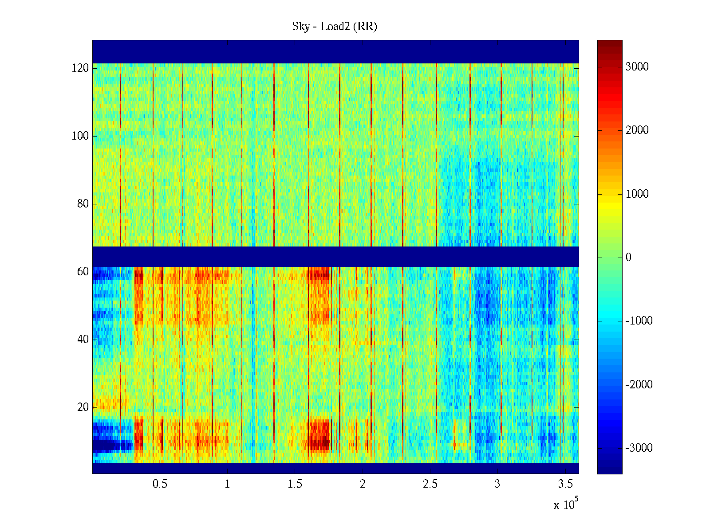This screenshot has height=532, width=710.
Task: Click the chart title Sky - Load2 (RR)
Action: [x=335, y=27]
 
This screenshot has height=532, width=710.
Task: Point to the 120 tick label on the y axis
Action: [x=80, y=68]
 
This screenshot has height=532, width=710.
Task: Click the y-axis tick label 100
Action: [x=80, y=136]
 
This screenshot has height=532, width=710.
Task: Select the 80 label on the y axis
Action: [x=83, y=204]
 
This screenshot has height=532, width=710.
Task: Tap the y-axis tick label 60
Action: [x=83, y=272]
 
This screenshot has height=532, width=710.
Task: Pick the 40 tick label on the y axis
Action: [x=83, y=340]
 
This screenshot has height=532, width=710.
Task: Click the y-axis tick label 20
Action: [x=83, y=407]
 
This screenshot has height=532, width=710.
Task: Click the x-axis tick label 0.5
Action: [x=160, y=484]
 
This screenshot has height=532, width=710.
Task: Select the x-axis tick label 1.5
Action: [x=295, y=484]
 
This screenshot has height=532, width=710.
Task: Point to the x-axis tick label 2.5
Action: [x=430, y=484]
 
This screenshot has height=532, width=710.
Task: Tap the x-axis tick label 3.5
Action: [x=565, y=484]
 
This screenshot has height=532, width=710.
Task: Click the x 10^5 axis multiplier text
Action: [x=565, y=505]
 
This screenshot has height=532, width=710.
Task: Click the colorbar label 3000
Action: [x=637, y=67]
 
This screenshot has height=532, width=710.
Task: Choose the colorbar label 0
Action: [x=628, y=258]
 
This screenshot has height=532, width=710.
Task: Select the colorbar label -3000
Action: [x=639, y=448]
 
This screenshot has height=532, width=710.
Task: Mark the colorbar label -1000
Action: [x=639, y=321]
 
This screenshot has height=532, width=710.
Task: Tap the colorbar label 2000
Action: [x=637, y=130]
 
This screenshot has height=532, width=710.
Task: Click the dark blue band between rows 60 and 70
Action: [x=335, y=256]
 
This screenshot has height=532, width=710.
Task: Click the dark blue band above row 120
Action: [x=335, y=51]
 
